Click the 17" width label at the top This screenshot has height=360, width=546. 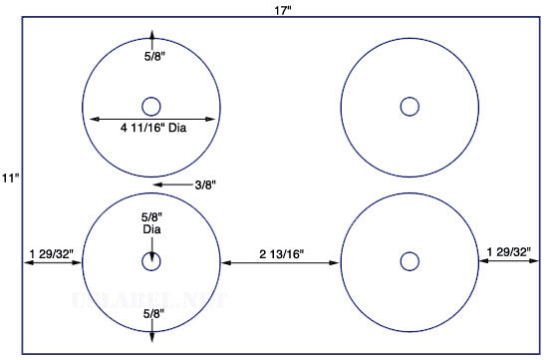[283, 10]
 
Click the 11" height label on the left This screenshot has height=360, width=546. [10, 179]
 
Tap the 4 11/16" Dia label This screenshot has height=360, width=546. [153, 128]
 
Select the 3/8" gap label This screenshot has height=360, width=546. [205, 185]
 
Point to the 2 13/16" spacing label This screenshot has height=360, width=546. [281, 254]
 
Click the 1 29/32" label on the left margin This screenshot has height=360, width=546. [52, 253]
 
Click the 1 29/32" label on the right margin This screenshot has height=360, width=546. [509, 251]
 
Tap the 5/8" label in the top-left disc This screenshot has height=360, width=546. [154, 57]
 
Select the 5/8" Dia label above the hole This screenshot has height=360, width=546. [151, 223]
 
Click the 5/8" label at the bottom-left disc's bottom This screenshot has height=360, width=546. [153, 314]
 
